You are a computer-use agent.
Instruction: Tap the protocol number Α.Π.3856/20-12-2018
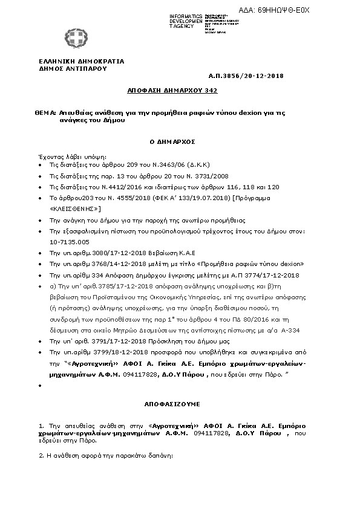[246, 76]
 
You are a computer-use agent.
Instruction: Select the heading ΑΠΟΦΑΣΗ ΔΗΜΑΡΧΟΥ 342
[172, 90]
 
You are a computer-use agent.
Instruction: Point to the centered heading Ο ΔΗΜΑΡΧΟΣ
[172, 141]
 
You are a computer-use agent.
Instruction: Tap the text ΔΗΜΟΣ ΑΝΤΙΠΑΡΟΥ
[72, 68]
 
